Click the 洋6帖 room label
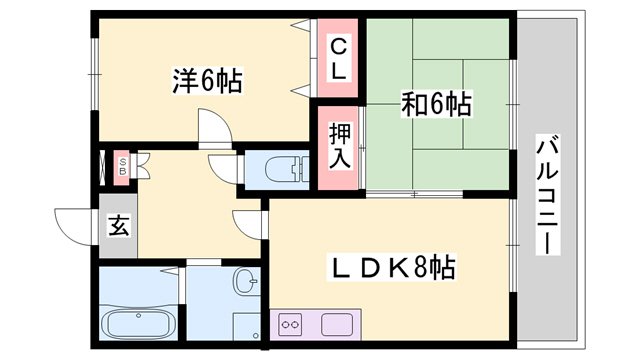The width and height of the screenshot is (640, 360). click(207, 80)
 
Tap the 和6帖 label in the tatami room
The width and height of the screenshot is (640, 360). click(438, 102)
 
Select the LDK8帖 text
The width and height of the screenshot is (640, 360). click(395, 267)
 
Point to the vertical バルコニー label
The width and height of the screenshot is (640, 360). click(547, 196)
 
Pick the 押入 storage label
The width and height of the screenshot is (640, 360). click(339, 146)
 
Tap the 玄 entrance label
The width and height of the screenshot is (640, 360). click(118, 225)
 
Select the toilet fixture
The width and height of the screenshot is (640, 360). click(285, 168)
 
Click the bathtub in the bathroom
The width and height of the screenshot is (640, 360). click(141, 325)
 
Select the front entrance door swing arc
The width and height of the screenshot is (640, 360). click(75, 221)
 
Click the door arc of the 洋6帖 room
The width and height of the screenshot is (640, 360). click(215, 129)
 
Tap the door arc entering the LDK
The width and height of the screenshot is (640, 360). click(249, 226)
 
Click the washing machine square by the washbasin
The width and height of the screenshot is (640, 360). click(245, 326)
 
